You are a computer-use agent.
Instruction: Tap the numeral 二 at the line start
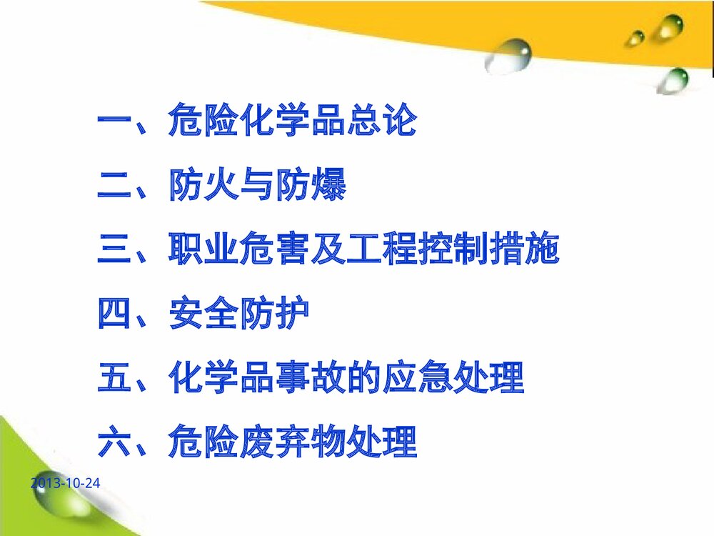click(115, 187)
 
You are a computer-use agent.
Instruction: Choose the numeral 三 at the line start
click(115, 251)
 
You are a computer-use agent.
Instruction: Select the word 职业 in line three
click(203, 251)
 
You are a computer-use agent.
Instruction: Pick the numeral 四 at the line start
click(115, 315)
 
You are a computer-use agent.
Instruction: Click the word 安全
click(203, 315)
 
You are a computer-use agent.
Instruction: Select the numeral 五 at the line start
click(115, 379)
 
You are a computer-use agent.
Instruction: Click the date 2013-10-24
click(66, 484)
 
